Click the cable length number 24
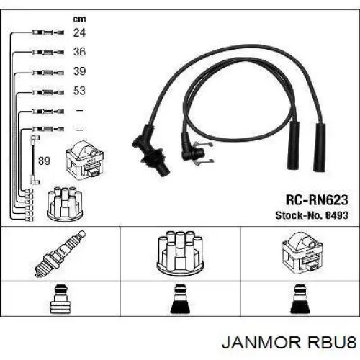pos(79,32)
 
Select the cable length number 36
pos(79,52)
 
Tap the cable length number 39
pos(79,71)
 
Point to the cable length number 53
pos(79,91)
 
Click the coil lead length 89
pos(44,161)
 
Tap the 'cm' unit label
pos(79,19)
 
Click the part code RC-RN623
pos(317,200)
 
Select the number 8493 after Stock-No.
pos(337,215)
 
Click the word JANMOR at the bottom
pos(261,342)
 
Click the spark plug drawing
pos(60,253)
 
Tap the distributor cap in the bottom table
pos(180,253)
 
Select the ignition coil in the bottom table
pos(303,253)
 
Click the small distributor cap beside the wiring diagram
pos(65,204)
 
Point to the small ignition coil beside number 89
pos(84,161)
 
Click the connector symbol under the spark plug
pos(60,299)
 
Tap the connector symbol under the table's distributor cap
pos(180,299)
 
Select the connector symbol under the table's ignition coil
pos(300,299)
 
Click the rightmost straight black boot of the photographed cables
pos(320,148)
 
